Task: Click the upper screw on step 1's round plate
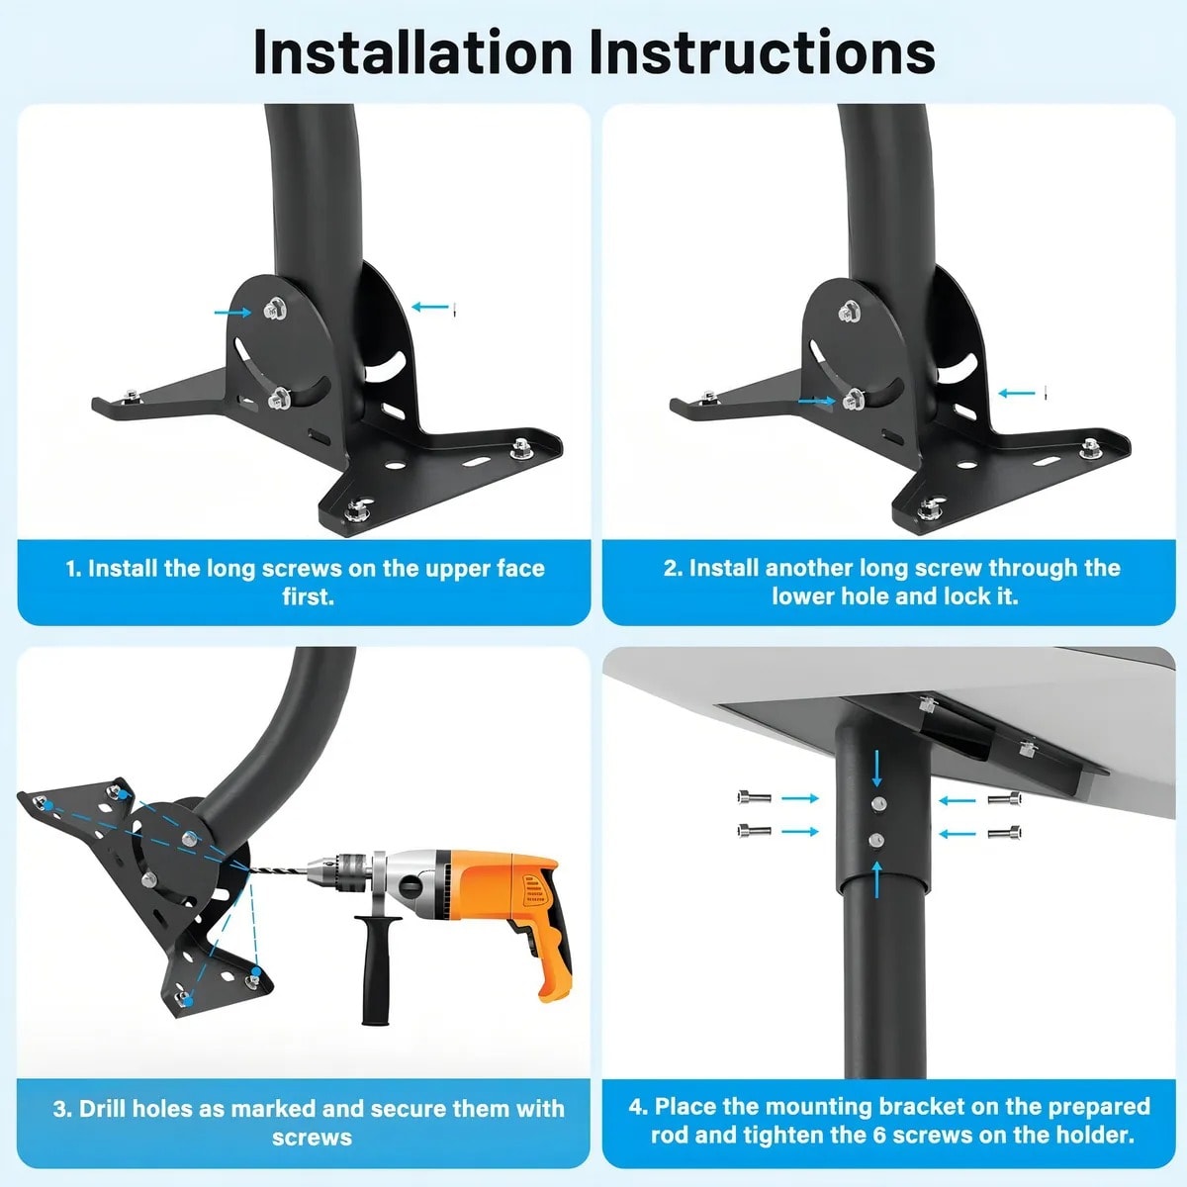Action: point(272,311)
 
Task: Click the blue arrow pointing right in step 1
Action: point(232,312)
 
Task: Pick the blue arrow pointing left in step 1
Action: point(429,308)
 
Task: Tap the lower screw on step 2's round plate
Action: point(852,401)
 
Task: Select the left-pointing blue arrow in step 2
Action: point(1016,394)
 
